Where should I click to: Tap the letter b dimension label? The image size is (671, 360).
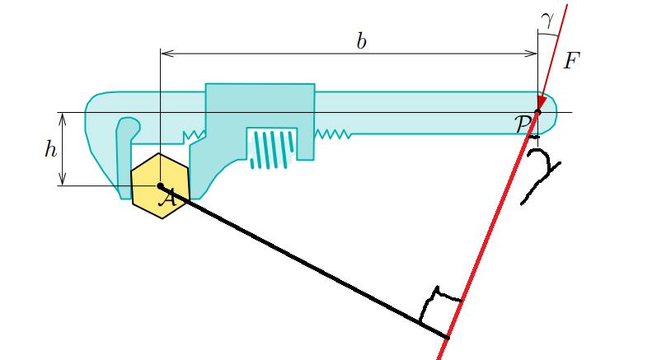[x=361, y=41]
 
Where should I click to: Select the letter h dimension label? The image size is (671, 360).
[x=50, y=150]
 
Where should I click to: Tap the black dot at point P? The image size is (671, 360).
[x=537, y=112]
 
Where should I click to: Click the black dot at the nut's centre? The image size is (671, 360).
[x=161, y=186]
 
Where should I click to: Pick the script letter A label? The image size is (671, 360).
[x=169, y=197]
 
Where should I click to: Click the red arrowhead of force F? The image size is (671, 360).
[x=542, y=101]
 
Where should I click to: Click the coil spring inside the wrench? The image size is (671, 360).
[x=270, y=147]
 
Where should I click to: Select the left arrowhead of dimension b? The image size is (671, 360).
[x=165, y=54]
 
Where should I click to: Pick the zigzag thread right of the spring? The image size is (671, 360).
[x=335, y=133]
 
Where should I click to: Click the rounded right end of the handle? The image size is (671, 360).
[x=551, y=111]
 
